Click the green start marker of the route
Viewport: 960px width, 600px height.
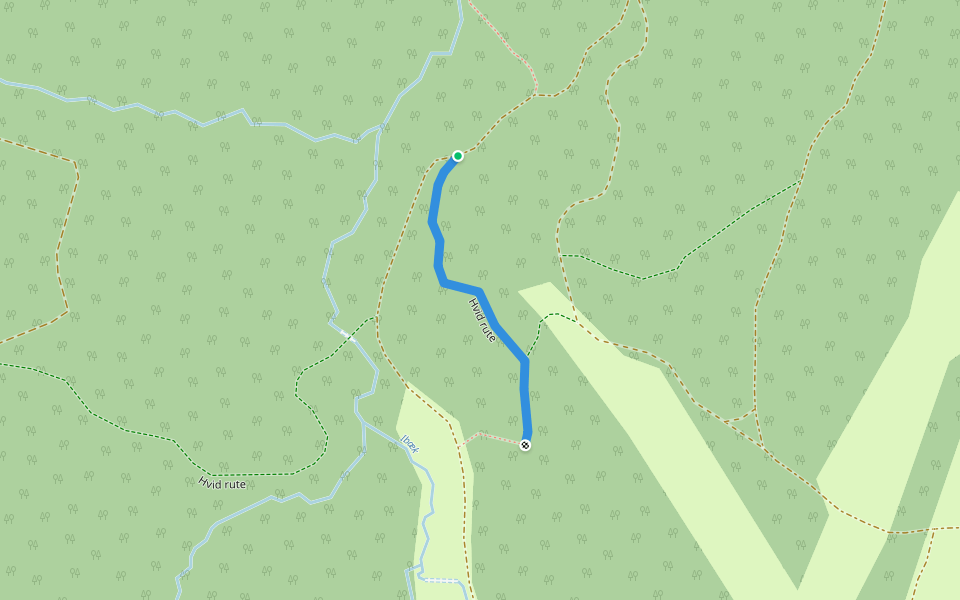coord(458,155)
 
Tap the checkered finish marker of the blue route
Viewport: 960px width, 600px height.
coord(526,445)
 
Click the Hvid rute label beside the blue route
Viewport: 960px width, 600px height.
coord(482,320)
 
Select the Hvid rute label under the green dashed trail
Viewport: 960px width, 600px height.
coord(222,483)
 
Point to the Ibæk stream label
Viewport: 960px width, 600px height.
coord(410,444)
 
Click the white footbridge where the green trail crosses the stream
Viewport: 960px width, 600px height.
coord(346,334)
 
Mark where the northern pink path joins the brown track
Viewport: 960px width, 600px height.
coord(537,95)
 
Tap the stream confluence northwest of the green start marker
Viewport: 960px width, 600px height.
coord(382,128)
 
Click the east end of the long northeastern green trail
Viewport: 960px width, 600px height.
coord(799,181)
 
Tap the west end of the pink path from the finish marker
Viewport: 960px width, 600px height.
coord(461,443)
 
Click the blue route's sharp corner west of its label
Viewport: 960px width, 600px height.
coord(443,283)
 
